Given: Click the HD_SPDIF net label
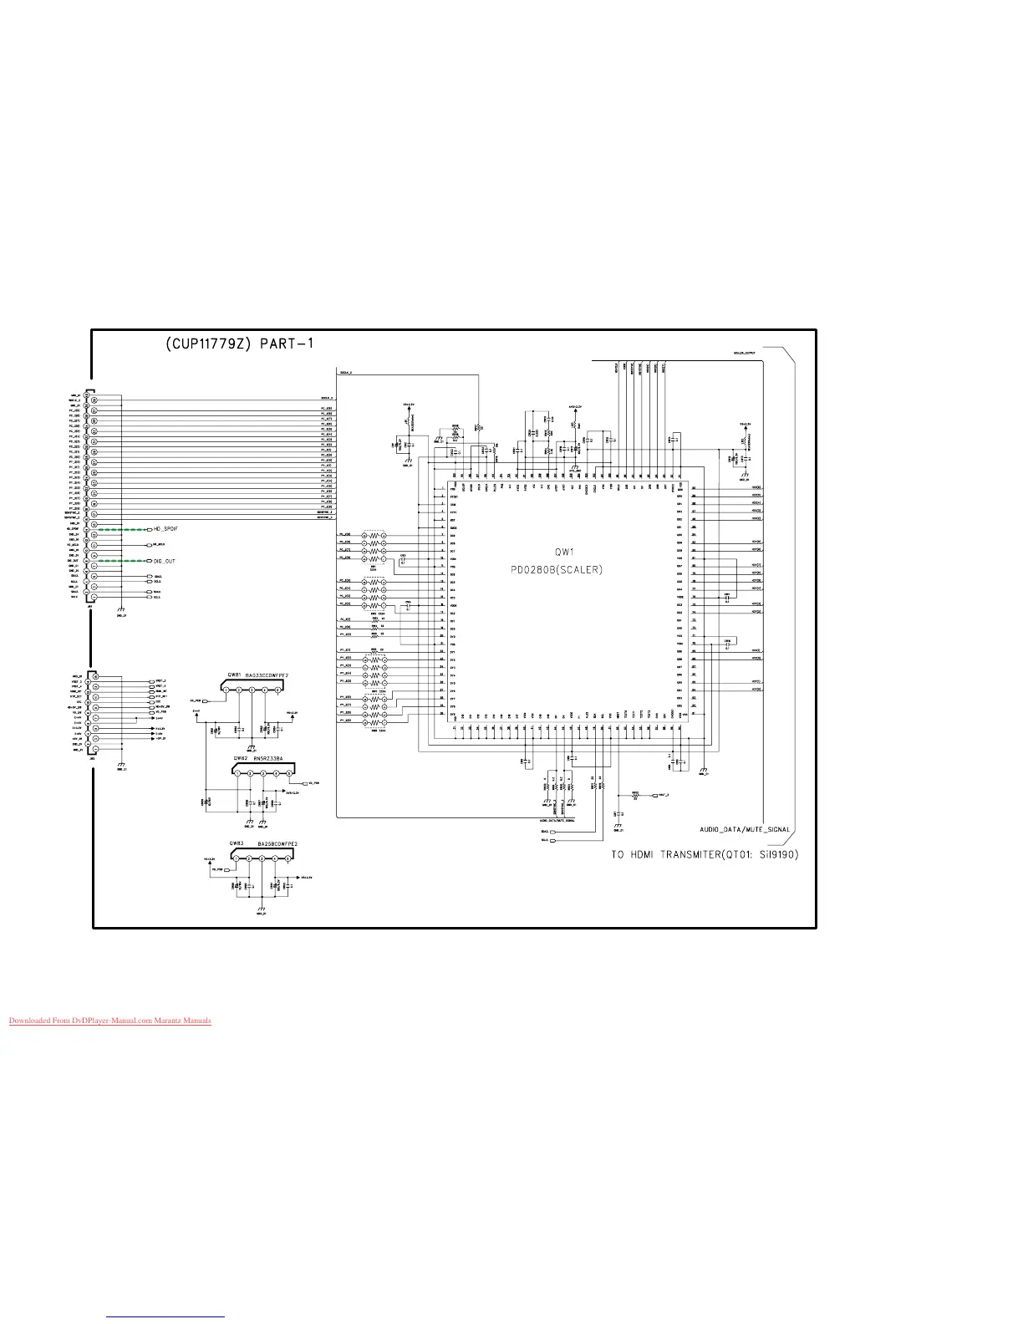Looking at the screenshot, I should coord(165,529).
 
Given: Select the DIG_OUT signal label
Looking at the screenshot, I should coord(164,561).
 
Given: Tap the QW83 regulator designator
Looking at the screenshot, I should coord(235,844).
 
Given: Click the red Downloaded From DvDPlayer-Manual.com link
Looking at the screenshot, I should coord(109,1021).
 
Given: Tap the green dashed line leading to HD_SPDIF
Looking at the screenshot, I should coord(122,529).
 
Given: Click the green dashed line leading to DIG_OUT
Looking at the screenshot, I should coord(122,561).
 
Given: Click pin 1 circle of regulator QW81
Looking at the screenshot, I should coord(226,690).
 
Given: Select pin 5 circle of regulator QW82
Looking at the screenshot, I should coord(289,773).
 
